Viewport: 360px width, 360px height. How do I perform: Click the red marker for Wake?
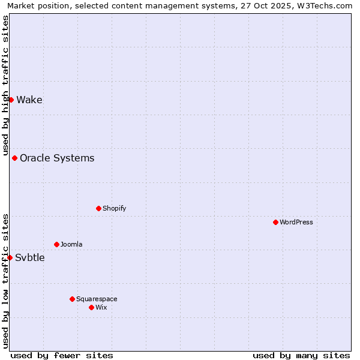[11, 100]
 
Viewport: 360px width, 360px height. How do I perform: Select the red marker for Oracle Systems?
[14, 158]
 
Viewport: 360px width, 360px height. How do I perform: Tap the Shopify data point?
[98, 208]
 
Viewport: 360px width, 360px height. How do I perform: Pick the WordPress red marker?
[275, 222]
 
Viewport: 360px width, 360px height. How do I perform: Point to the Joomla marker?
[56, 244]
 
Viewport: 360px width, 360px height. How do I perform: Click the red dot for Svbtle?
[10, 257]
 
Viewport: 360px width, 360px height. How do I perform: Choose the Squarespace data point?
[72, 299]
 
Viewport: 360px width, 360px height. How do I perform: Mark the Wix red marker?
[91, 307]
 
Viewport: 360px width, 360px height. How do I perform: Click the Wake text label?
[29, 100]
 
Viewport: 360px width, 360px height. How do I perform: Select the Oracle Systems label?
[57, 158]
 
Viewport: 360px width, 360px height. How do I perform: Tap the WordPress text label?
[296, 222]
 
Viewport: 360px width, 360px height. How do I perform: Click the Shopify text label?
[115, 208]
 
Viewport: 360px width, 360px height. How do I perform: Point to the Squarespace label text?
[97, 299]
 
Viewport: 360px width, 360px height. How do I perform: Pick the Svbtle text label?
[30, 257]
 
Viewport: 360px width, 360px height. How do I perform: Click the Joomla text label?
[71, 244]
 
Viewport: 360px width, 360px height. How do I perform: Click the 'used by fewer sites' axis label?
[62, 355]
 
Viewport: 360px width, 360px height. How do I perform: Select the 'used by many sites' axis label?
[301, 355]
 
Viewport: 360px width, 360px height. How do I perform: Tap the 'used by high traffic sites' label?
[5, 85]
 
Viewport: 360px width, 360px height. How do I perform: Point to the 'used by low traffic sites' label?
[5, 280]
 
